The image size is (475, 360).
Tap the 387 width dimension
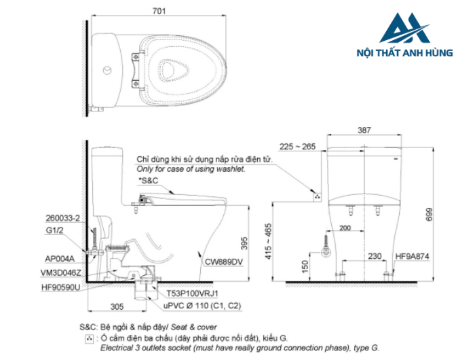[x=367, y=130]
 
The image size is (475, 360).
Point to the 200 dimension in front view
[x=345, y=228]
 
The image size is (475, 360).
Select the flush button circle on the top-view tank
[x=107, y=70]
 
